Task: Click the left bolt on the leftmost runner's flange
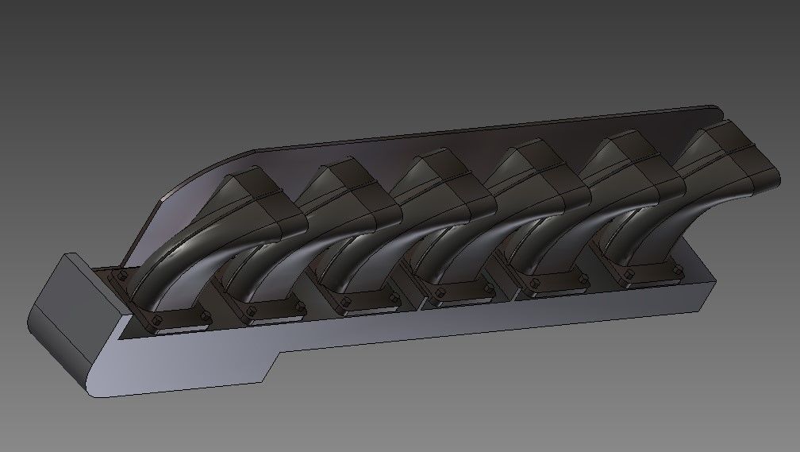point(121,276)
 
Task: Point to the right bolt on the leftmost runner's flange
point(206,317)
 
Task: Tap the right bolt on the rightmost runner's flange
point(677,270)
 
